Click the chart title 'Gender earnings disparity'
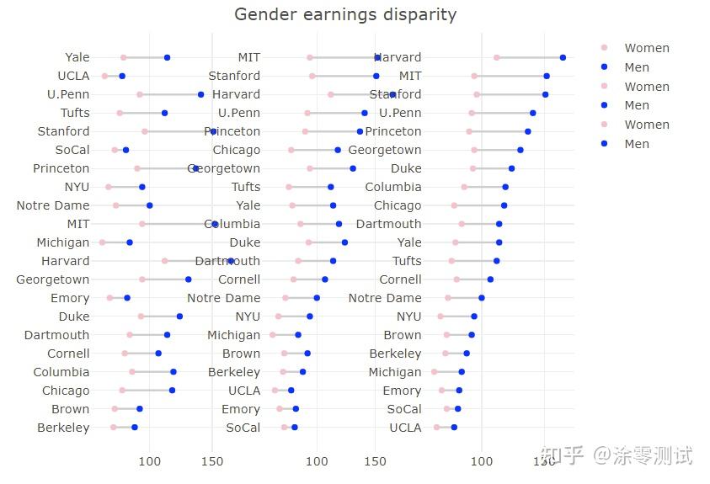[x=345, y=14]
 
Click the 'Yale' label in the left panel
[x=77, y=57]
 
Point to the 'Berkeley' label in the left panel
[x=63, y=428]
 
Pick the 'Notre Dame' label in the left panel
[x=53, y=205]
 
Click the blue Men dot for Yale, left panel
[x=167, y=57]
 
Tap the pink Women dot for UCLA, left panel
[x=104, y=76]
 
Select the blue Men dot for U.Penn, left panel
[x=200, y=94]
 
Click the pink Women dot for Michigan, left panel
[x=102, y=242]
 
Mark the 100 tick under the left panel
[x=149, y=460]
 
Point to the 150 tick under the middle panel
[x=375, y=460]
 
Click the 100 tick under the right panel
[x=482, y=460]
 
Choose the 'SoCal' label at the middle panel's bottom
[x=243, y=428]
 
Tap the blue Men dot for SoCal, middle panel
[x=294, y=428]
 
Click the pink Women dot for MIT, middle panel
[x=310, y=57]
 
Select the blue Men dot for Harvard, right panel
[x=563, y=57]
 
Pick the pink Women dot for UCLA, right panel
[x=436, y=428]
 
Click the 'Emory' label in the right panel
[x=402, y=391]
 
